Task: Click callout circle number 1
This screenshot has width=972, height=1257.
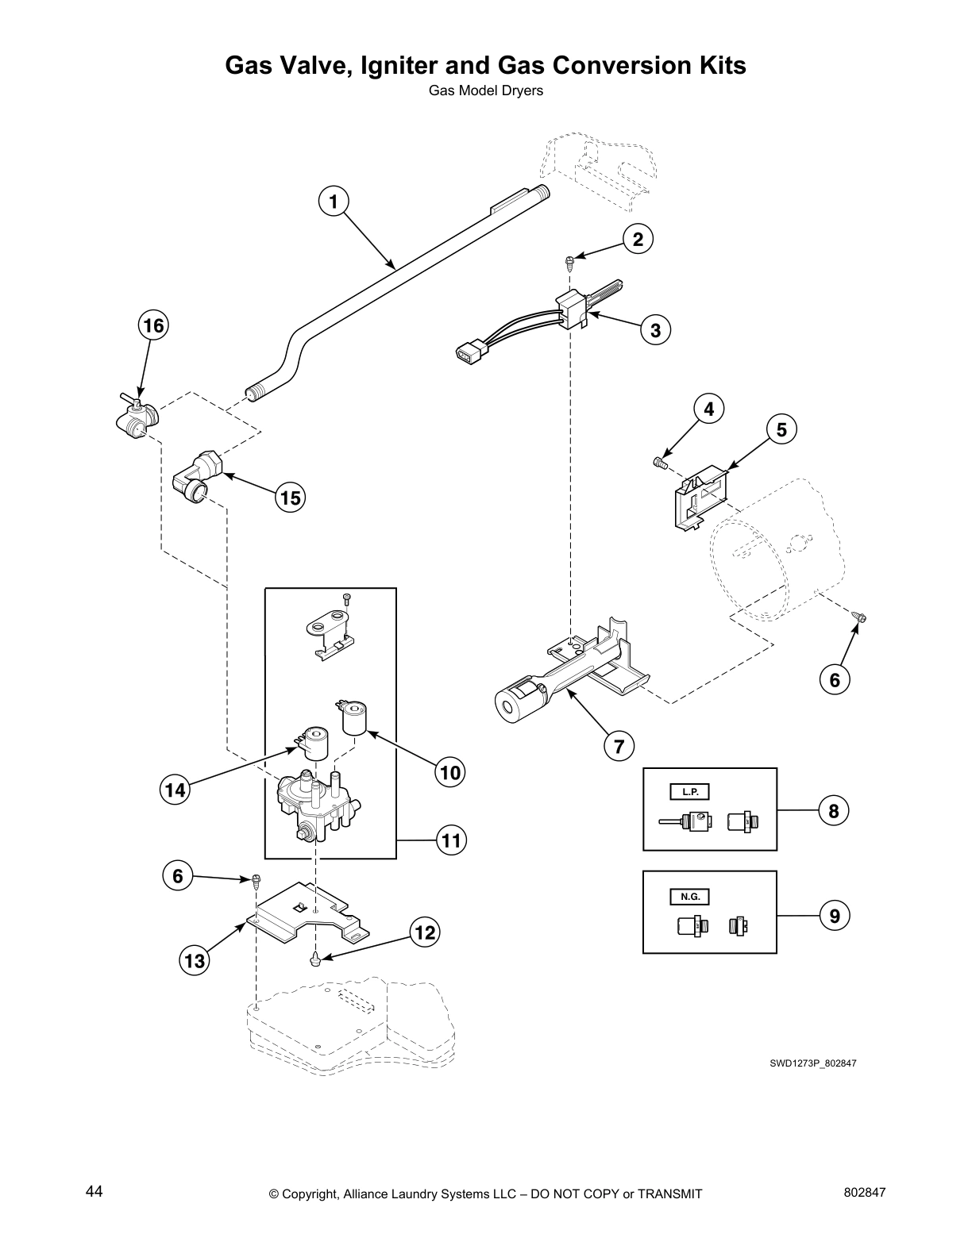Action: [334, 202]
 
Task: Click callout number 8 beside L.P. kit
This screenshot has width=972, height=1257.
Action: [833, 811]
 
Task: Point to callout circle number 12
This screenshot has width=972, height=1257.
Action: [425, 932]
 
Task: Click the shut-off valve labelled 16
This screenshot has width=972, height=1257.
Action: [137, 419]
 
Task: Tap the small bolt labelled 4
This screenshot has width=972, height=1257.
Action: [661, 462]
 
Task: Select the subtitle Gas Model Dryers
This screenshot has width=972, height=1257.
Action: [485, 90]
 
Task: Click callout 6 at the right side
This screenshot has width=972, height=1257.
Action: [834, 679]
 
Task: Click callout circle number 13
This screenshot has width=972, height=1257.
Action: [193, 962]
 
